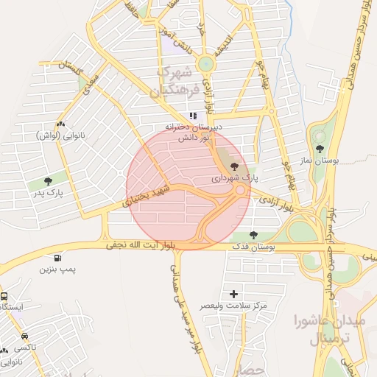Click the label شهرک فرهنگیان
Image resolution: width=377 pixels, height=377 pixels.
tap(175, 82)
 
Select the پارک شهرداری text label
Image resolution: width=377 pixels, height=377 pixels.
tap(236, 177)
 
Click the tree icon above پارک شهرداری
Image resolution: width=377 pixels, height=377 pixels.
tap(235, 167)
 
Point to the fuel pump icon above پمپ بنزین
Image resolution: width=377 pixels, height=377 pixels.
tap(57, 258)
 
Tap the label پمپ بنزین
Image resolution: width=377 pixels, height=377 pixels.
tap(58, 270)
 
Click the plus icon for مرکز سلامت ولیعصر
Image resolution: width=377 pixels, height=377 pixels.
tap(234, 294)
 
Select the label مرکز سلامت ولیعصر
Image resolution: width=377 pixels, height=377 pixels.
tap(234, 305)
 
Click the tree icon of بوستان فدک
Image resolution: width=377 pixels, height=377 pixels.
tap(253, 236)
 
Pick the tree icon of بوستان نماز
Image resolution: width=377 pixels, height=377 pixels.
tap(319, 137)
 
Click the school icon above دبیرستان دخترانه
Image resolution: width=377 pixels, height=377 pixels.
tap(193, 116)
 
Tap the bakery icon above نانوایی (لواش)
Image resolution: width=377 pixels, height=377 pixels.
tap(60, 124)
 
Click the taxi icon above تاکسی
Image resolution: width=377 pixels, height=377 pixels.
tap(25, 336)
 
